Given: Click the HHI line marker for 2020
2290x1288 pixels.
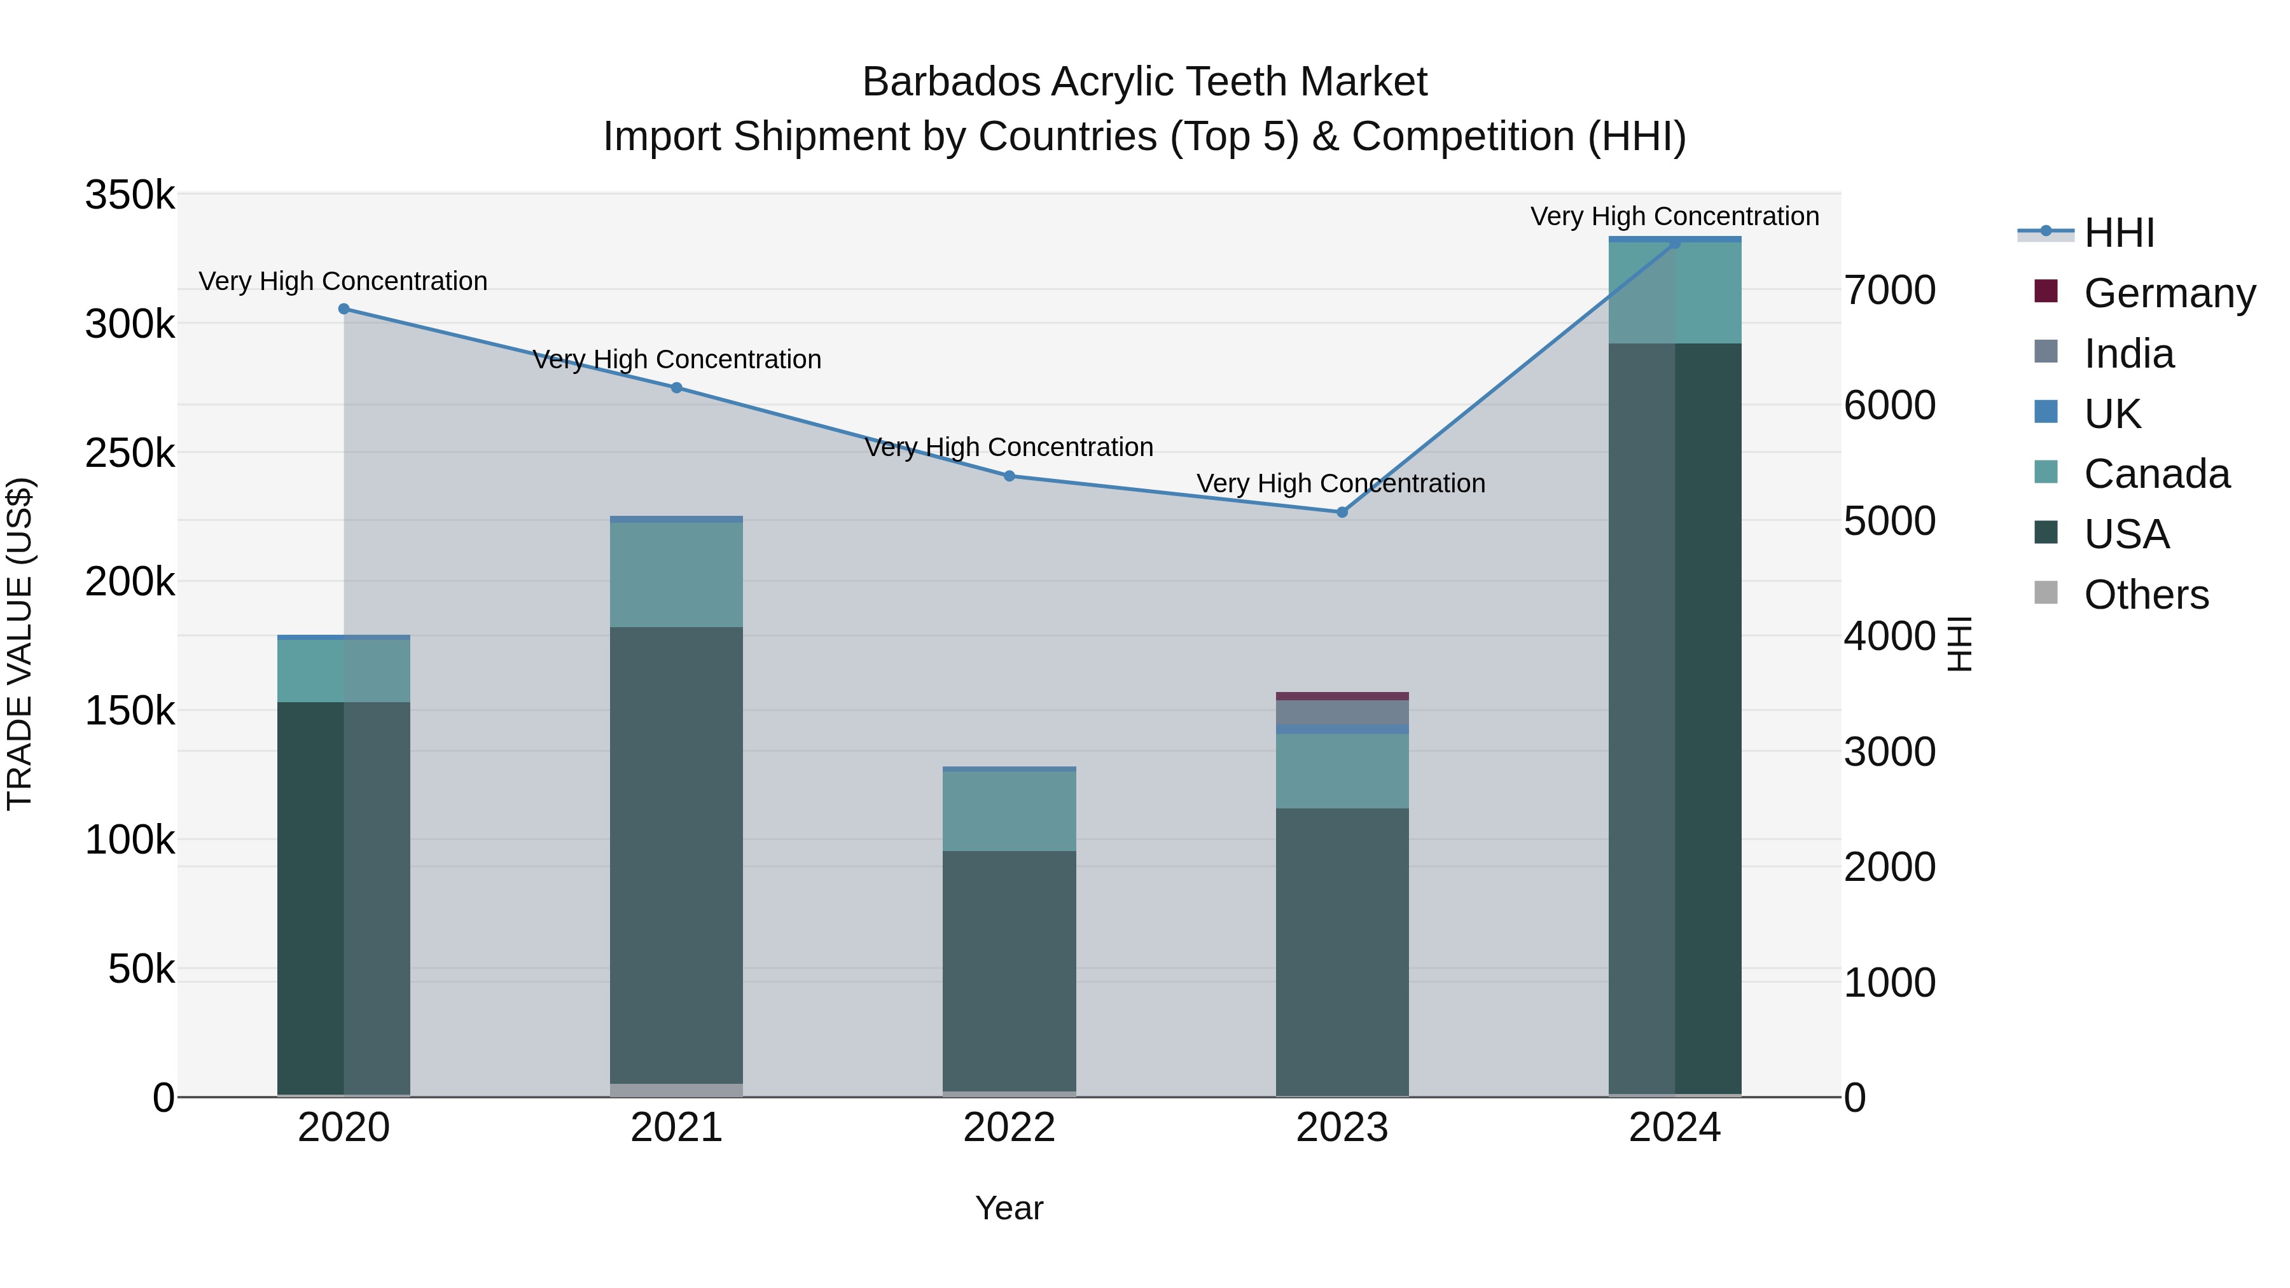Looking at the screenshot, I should tap(344, 309).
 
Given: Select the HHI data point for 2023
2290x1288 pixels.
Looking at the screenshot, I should tap(1342, 512).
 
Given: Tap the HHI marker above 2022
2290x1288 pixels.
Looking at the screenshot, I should tap(1009, 476).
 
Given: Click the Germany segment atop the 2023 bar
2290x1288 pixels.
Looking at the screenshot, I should tap(1342, 696).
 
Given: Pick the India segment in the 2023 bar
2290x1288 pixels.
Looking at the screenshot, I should tap(1342, 712).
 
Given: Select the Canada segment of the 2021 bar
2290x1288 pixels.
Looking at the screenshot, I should tap(677, 574).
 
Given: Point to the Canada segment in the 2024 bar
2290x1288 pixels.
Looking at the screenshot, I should tap(1675, 293).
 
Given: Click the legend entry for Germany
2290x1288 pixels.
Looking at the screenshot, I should tap(2169, 293).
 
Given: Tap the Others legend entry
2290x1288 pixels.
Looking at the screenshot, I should tap(2146, 595).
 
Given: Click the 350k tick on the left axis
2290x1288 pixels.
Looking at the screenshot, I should tap(130, 195).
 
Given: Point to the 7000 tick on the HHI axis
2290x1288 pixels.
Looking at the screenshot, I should tap(1890, 291).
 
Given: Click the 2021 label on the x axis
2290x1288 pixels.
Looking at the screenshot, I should tap(677, 1128).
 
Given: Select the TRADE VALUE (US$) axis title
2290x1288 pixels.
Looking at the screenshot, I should tap(20, 644).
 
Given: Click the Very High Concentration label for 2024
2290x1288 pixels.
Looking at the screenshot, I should tap(1675, 217).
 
